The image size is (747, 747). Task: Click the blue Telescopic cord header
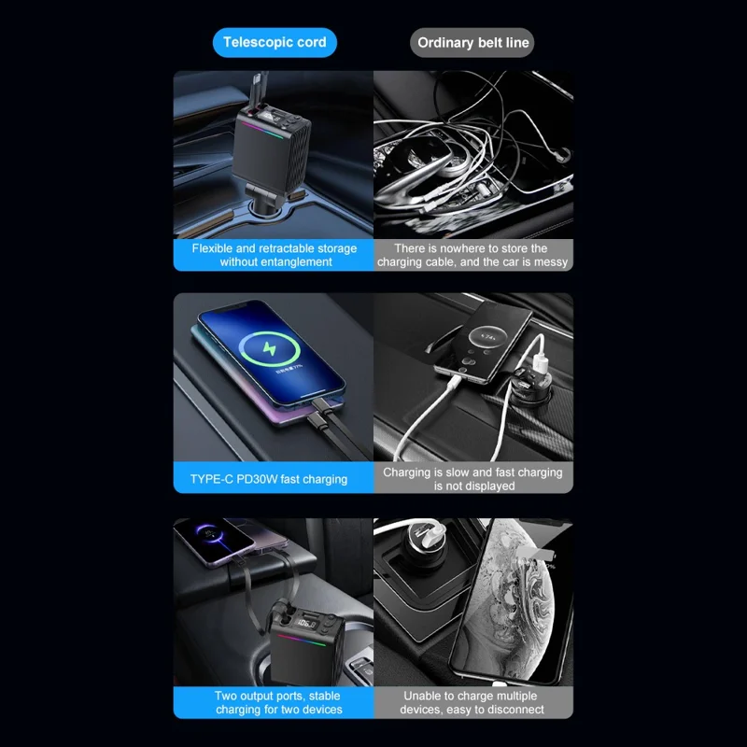pos(275,42)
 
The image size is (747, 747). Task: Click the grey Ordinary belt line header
pos(472,42)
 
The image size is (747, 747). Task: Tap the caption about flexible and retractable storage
pos(275,255)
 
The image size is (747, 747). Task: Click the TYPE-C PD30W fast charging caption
pos(269,479)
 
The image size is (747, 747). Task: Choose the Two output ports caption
pos(277,702)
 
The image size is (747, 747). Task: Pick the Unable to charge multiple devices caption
pos(472,702)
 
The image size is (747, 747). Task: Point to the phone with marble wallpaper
pos(518,598)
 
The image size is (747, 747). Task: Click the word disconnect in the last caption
pos(512,710)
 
